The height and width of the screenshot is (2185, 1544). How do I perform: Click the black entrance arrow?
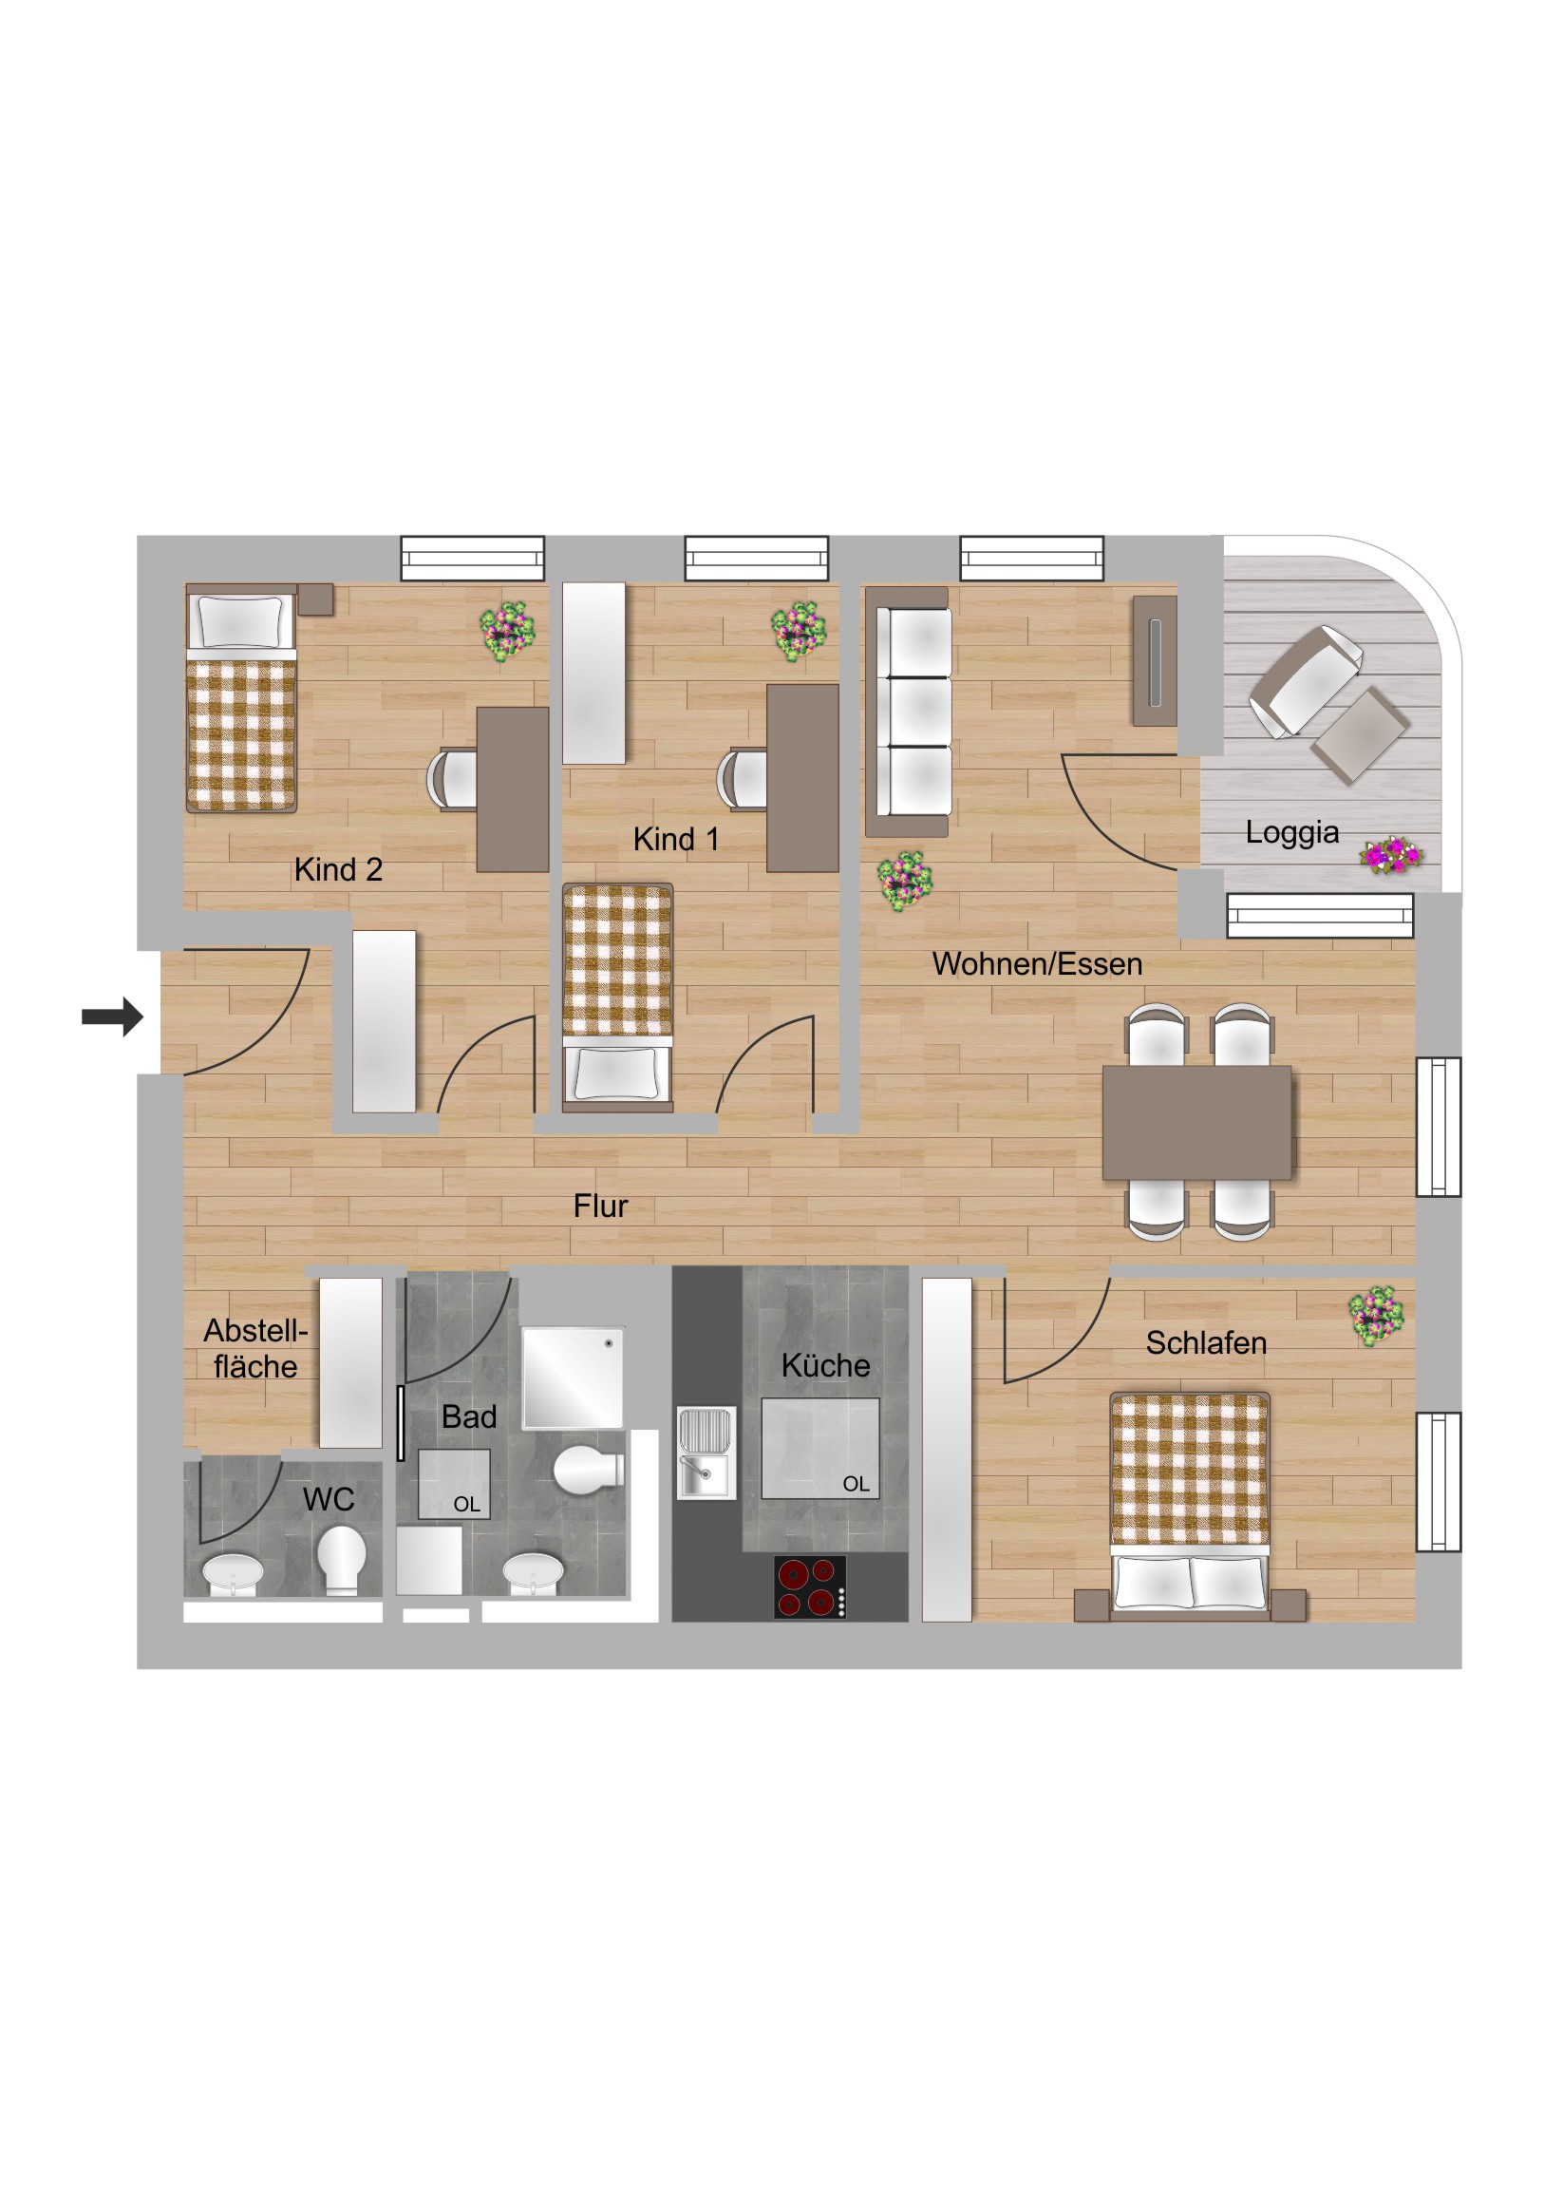click(112, 1016)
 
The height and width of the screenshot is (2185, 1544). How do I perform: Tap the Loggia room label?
click(1291, 833)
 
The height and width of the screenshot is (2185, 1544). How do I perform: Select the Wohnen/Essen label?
click(1037, 964)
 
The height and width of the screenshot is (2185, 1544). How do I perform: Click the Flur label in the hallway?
click(600, 1206)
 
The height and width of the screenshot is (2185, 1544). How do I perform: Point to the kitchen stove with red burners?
click(810, 1586)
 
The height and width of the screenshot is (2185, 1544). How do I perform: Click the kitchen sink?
click(706, 1453)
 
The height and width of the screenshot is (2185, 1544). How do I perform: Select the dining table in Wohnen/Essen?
click(1196, 1123)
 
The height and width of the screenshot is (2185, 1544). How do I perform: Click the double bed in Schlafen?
click(1189, 1506)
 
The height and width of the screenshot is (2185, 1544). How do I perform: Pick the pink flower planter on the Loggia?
click(1391, 855)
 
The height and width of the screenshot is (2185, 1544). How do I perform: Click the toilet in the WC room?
click(341, 1559)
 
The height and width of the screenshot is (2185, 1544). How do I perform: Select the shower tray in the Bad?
click(573, 1377)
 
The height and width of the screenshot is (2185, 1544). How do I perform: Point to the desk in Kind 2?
click(513, 788)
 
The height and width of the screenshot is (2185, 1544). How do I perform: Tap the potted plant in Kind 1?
click(799, 630)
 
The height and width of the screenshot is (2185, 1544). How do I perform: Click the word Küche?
click(826, 1366)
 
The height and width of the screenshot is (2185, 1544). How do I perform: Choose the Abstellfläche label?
click(255, 1348)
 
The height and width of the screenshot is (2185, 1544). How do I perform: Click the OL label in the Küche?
click(856, 1484)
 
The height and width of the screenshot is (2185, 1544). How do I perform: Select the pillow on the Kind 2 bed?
click(239, 621)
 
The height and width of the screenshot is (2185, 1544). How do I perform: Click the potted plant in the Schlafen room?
click(1376, 1316)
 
